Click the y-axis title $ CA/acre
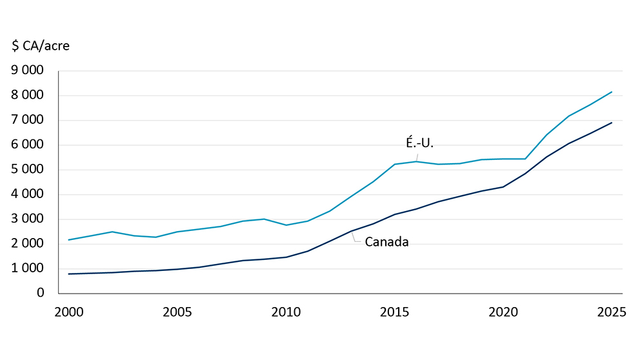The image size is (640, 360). click(x=41, y=46)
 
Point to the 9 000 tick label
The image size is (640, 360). click(x=28, y=71)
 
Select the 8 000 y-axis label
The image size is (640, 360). click(x=28, y=95)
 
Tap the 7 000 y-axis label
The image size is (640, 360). click(x=28, y=120)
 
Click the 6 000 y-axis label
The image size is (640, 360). click(x=28, y=145)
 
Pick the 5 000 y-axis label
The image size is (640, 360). click(x=28, y=170)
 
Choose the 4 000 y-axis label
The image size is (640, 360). click(x=28, y=194)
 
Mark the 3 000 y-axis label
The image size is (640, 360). click(x=28, y=219)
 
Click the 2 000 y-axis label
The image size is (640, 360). click(x=28, y=244)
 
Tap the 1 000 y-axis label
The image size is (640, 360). click(x=28, y=268)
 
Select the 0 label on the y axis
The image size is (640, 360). click(x=41, y=293)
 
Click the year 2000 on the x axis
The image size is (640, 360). click(x=69, y=313)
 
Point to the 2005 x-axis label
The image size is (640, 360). click(x=177, y=313)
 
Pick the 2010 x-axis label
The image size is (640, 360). click(x=286, y=313)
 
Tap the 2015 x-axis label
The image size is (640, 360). click(x=395, y=313)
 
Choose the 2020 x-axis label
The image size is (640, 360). click(x=503, y=313)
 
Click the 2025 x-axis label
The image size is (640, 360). click(x=612, y=313)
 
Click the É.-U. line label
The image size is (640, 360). click(x=419, y=143)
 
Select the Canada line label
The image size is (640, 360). click(x=386, y=243)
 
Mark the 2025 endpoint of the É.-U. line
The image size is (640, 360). click(x=612, y=92)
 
